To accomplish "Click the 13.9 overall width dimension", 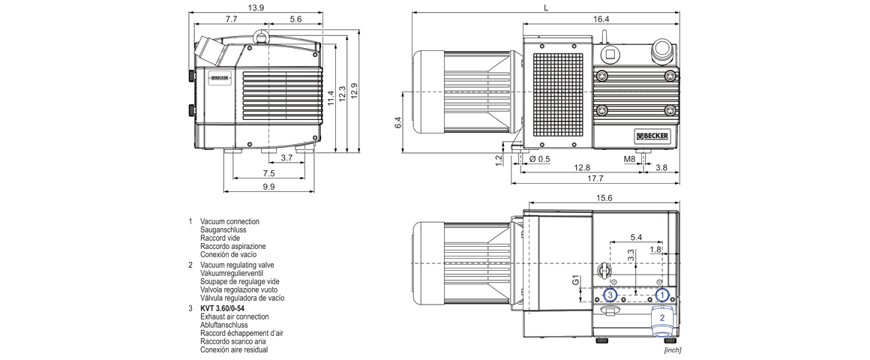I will click(256, 7).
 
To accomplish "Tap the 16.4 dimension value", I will click(601, 19).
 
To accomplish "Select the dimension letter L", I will click(546, 7).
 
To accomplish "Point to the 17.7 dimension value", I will click(596, 178).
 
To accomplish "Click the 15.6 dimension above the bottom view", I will click(604, 198).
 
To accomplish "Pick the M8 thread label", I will click(630, 159).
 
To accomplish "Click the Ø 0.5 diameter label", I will click(539, 159).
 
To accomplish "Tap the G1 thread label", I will click(575, 281).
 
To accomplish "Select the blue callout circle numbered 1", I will click(661, 295).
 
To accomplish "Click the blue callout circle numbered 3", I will click(611, 295).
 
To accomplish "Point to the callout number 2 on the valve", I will click(661, 317).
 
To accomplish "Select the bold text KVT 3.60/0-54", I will click(222, 308).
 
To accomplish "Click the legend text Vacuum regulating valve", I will click(237, 265).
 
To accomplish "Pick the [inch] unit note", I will click(672, 349).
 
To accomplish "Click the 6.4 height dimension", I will click(398, 121).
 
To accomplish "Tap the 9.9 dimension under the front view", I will click(268, 186).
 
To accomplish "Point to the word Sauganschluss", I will click(223, 229).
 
